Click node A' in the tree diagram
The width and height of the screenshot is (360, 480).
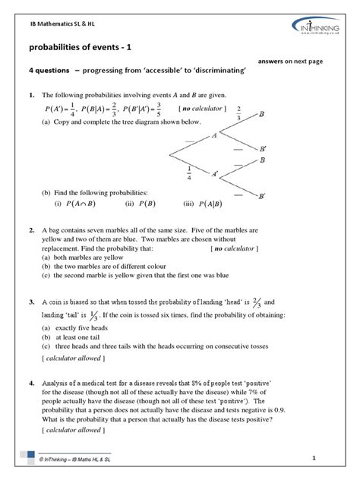(x=216, y=175)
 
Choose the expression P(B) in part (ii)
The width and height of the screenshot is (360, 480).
(x=144, y=204)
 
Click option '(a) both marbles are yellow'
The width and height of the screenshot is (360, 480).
(x=84, y=258)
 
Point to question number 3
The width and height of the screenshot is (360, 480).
(x=31, y=302)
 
